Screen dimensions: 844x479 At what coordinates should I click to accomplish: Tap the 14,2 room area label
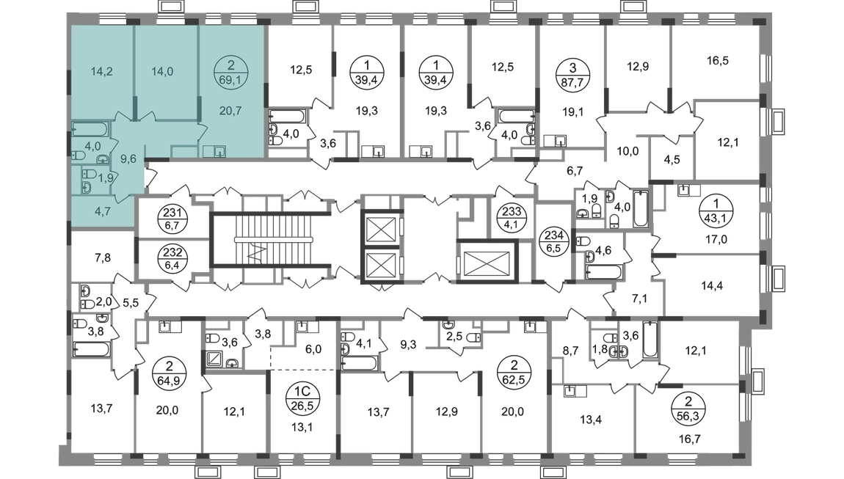[x=101, y=72]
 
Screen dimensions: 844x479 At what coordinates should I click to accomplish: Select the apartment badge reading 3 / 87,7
[x=572, y=75]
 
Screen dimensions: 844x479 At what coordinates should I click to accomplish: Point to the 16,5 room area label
[x=718, y=60]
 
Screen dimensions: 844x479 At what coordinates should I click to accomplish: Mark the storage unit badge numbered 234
[x=554, y=242]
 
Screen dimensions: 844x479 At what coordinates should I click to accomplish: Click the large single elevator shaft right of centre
[x=487, y=262]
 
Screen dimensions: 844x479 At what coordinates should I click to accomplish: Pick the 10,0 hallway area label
[x=627, y=151]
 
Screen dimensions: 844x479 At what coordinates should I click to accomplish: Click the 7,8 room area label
[x=103, y=257]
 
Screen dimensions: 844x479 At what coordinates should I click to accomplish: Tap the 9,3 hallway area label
[x=409, y=345]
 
